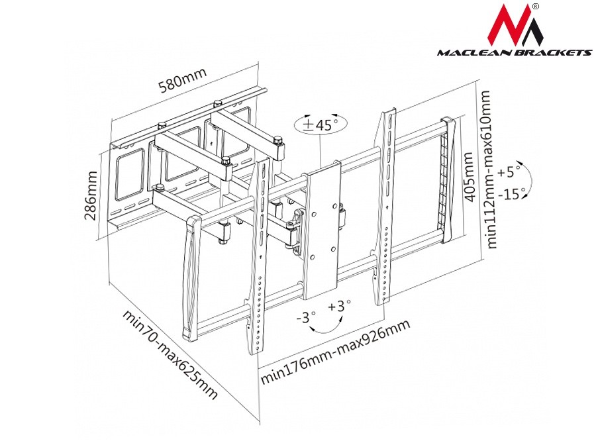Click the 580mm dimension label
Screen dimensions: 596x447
point(183,80)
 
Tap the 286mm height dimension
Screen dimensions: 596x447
point(91,196)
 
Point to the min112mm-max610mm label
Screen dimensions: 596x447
point(487,170)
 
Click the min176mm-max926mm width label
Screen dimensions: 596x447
point(335,351)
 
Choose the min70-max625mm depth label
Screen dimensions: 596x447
point(170,354)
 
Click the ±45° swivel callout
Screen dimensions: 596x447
point(321,124)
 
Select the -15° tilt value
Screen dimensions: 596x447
point(511,194)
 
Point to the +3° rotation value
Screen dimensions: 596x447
point(339,305)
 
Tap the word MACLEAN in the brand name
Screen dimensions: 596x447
point(476,52)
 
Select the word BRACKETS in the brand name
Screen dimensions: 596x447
point(555,52)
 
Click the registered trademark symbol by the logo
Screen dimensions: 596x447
point(535,7)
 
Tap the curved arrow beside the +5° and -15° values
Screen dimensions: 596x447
point(528,179)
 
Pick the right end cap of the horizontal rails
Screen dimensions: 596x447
point(448,179)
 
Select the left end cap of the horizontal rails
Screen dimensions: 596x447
point(191,277)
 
